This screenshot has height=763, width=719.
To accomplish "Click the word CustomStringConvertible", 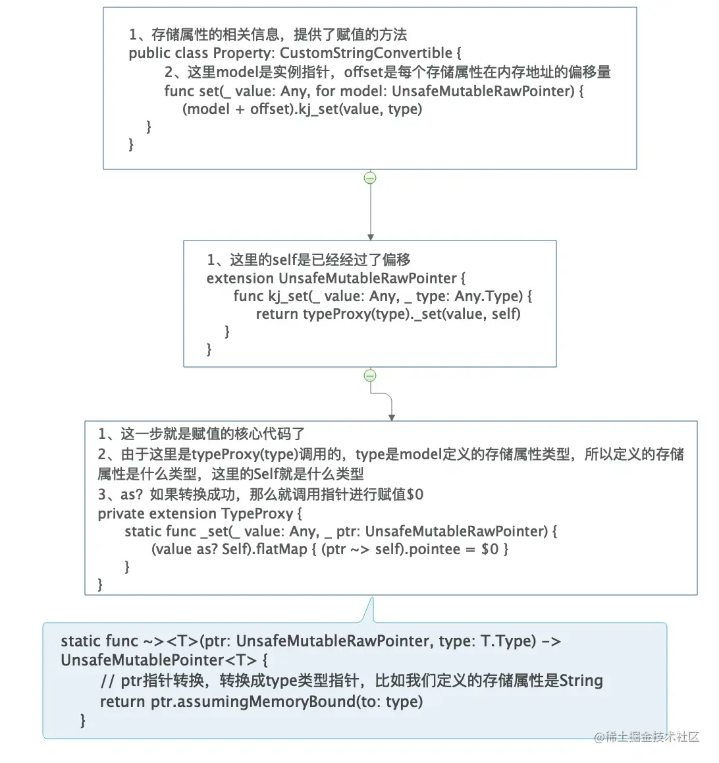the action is tap(366, 53).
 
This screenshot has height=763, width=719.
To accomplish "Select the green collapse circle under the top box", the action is tap(370, 178).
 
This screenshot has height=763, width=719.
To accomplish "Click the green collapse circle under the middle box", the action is tap(370, 376).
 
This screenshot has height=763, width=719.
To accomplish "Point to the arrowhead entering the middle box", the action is tap(371, 237).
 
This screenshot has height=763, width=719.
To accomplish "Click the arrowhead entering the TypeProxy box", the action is tap(392, 418).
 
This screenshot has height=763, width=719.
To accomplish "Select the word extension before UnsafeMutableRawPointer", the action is tap(240, 278).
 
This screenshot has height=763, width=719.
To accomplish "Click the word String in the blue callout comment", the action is tap(581, 680).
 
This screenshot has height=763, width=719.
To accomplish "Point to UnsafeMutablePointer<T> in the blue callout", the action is tap(159, 660).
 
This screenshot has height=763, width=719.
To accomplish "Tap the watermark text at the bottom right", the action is tap(647, 737).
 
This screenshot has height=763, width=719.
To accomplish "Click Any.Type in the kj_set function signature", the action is tap(489, 297).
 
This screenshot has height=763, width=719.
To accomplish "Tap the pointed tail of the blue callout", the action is tap(373, 598).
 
